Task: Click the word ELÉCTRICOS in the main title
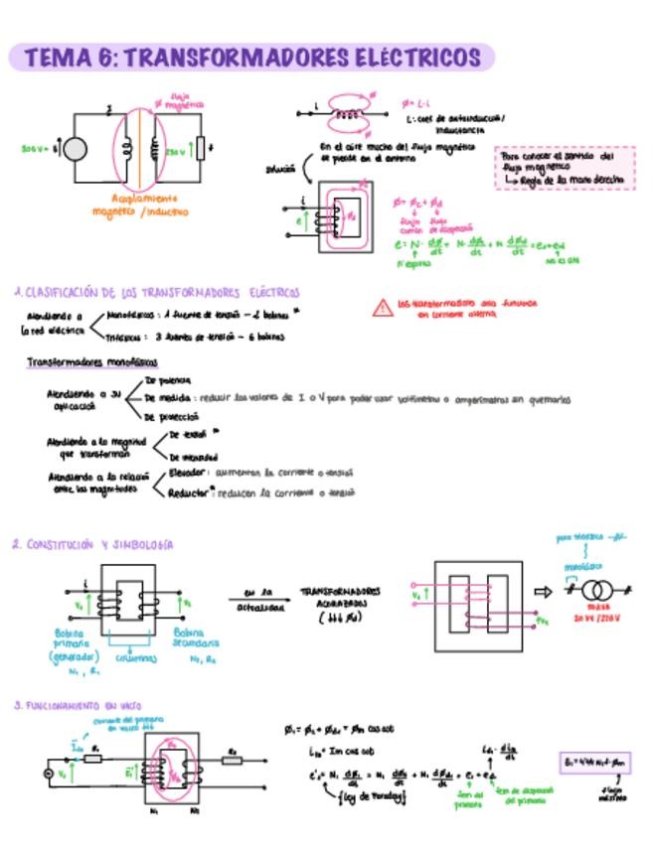416,58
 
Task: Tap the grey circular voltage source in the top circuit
75,149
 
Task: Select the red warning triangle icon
382,308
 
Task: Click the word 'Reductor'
187,492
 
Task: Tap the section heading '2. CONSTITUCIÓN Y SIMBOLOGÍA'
93,545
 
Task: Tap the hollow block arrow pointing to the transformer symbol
543,592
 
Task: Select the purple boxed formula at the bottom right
595,763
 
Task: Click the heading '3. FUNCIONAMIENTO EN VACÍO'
78,705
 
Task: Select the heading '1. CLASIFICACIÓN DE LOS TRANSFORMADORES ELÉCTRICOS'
157,293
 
